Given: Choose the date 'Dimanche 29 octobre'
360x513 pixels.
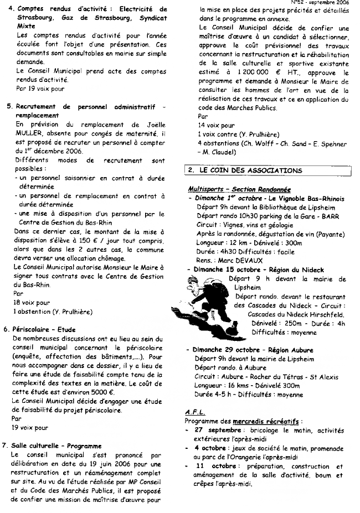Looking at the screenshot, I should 228,350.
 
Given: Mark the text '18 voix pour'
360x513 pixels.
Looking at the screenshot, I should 32,303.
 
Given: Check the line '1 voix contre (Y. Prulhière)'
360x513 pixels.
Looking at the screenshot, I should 239,134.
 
